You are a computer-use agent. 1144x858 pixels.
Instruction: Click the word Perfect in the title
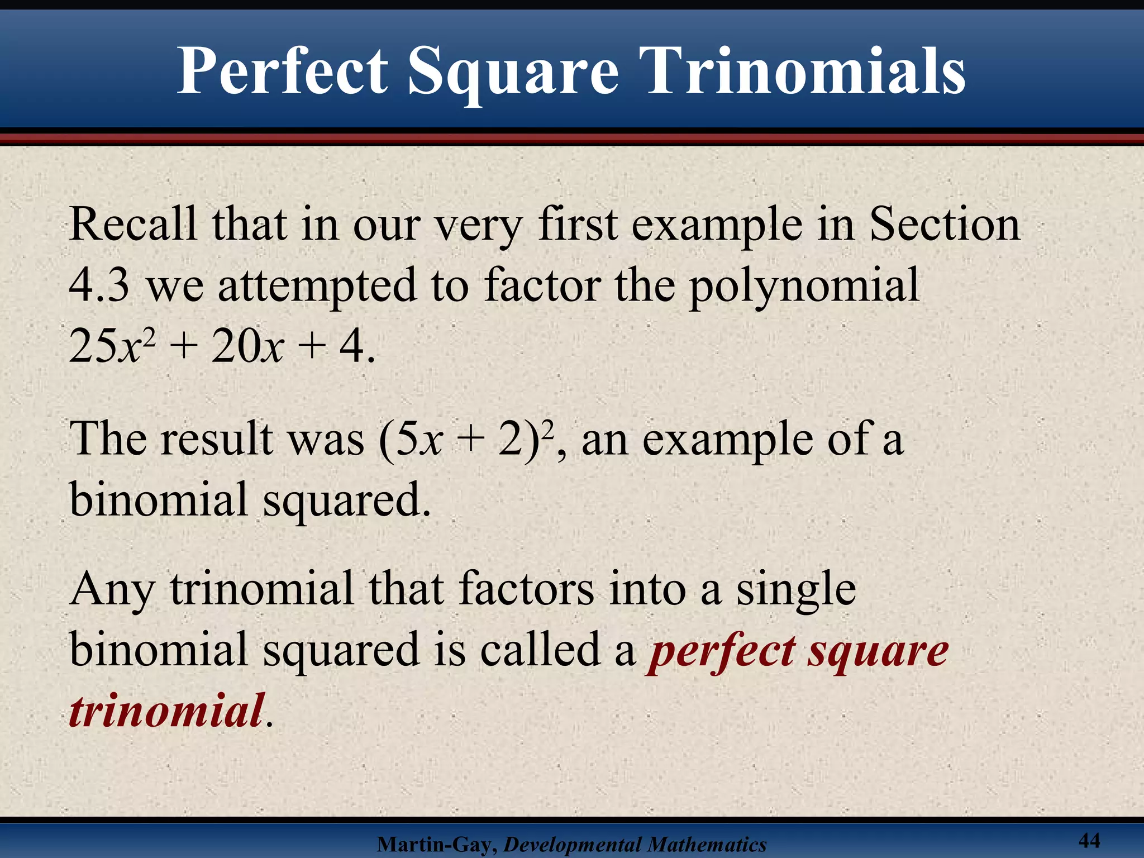point(283,71)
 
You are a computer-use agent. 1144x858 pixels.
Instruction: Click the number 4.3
point(99,285)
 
